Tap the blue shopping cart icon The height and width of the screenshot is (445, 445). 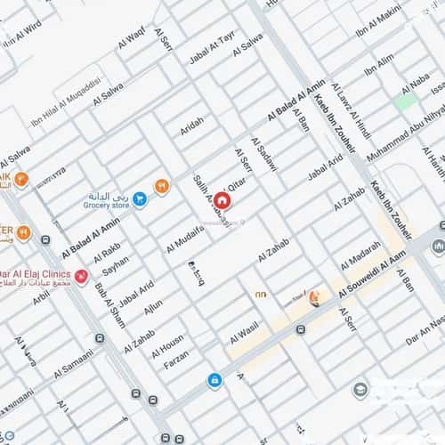[141, 198]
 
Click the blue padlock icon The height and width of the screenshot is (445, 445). [214, 380]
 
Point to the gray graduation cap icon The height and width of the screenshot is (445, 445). [360, 391]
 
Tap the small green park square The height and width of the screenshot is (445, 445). [405, 101]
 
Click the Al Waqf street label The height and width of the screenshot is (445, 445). [129, 38]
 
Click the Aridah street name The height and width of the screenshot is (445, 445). [192, 126]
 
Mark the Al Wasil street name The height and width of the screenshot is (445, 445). [245, 333]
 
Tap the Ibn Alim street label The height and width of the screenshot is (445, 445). [379, 64]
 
